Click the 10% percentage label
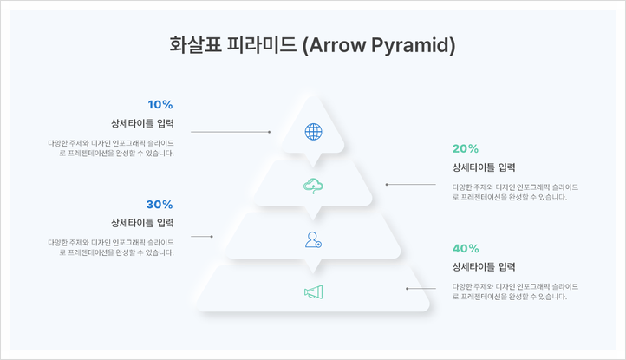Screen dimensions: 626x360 tap(160, 105)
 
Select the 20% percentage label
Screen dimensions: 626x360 tap(466, 148)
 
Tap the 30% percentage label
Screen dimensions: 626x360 tap(160, 205)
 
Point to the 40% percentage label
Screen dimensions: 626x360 tap(466, 248)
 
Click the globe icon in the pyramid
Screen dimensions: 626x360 tap(313, 132)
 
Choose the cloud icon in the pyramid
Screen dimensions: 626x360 tap(313, 185)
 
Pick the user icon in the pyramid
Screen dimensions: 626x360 tap(313, 239)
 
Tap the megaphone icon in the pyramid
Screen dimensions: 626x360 tap(313, 293)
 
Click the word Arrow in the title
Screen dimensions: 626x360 tap(338, 45)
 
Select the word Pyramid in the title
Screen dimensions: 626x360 tap(415, 45)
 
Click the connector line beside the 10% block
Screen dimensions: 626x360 tap(230, 132)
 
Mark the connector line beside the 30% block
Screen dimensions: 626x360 tap(201, 236)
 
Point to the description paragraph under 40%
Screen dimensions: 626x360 tap(515, 291)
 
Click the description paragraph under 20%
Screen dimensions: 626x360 tap(515, 192)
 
